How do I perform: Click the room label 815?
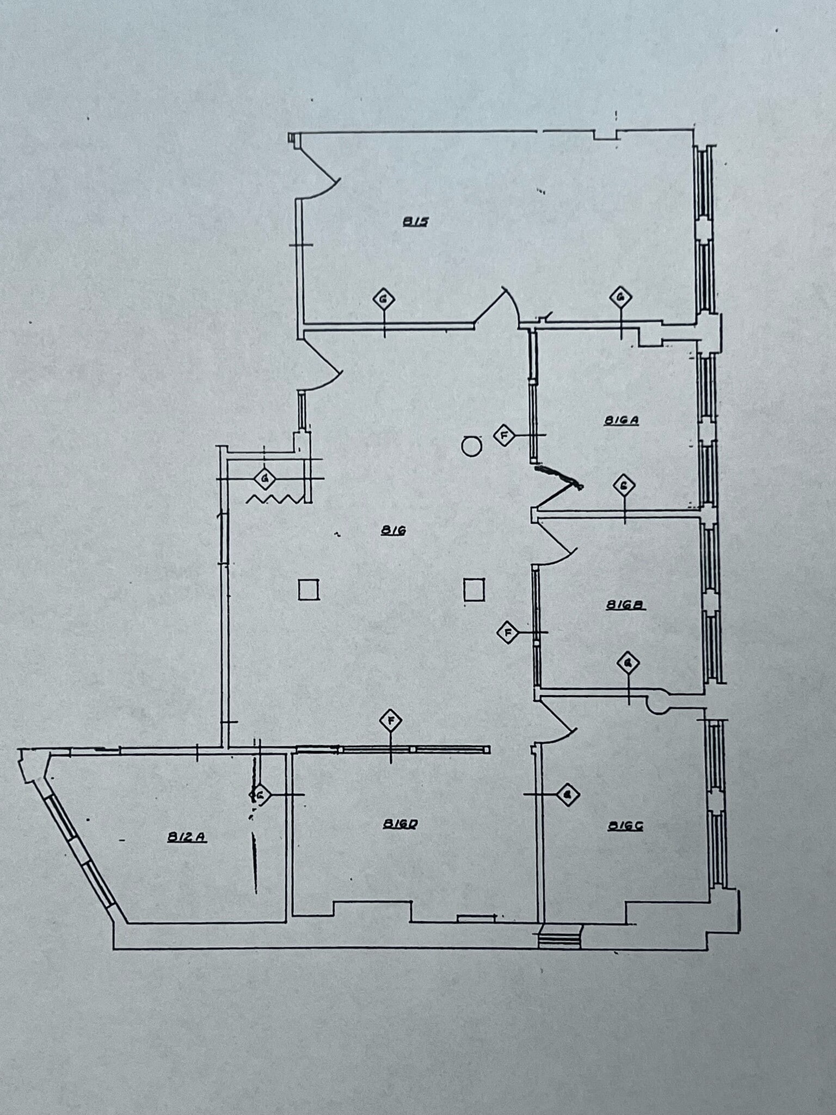[416, 222]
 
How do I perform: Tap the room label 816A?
[621, 420]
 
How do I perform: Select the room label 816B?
[625, 605]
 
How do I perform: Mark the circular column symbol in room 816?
[471, 446]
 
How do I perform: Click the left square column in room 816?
[309, 590]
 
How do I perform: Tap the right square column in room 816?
[474, 590]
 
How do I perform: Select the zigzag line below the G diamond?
[275, 499]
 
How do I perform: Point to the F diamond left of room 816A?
[505, 436]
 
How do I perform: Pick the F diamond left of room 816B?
[508, 632]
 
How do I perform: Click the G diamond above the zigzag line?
[265, 479]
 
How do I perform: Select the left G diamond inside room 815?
[384, 298]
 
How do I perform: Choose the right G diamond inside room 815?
[620, 297]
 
